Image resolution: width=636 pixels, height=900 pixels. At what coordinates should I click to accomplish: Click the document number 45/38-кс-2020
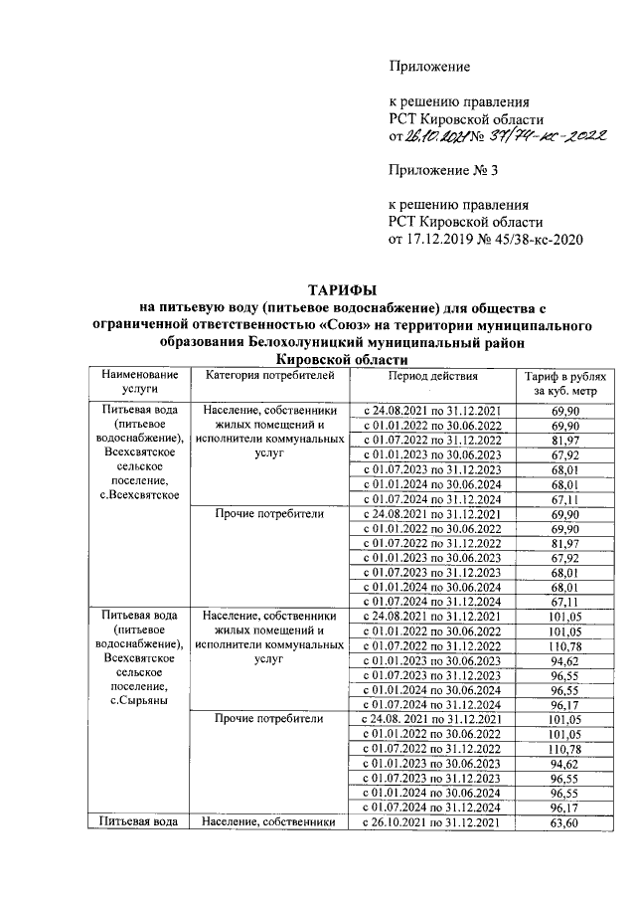[x=534, y=239]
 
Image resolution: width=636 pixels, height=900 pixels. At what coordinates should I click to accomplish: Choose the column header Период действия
[x=433, y=377]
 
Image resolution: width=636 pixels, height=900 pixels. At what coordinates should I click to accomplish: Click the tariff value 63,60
[x=564, y=823]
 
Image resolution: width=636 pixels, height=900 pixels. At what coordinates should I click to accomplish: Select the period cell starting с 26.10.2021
[x=433, y=823]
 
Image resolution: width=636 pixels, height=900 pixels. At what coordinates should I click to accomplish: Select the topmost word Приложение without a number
[x=427, y=67]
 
